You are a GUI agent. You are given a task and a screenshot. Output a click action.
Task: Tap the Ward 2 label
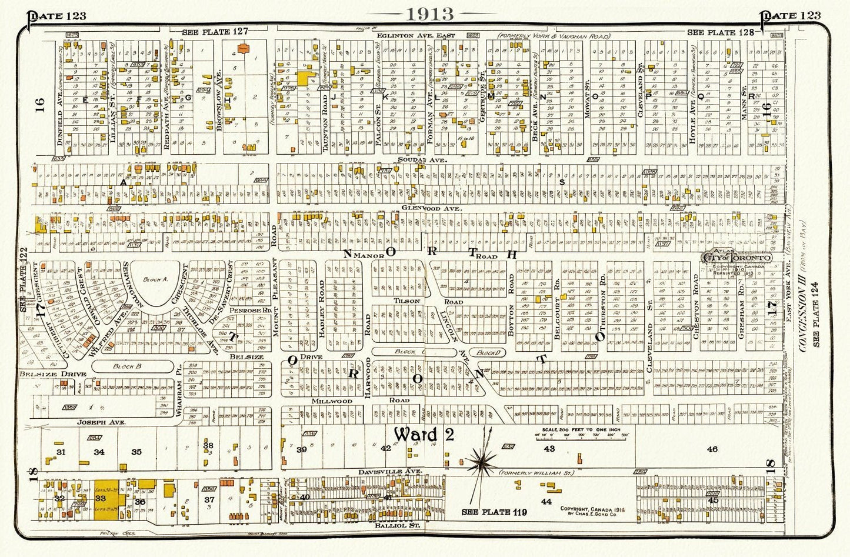(x=424, y=435)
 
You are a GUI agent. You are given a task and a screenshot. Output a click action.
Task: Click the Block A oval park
(x=157, y=281)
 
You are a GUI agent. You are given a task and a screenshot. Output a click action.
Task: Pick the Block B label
(x=125, y=366)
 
